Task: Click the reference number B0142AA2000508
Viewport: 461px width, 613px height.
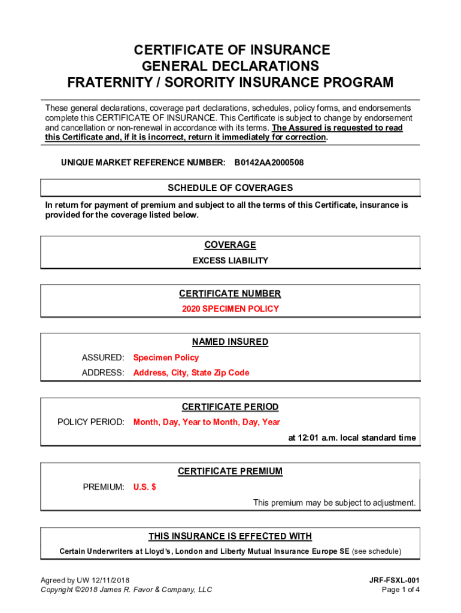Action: [269, 163]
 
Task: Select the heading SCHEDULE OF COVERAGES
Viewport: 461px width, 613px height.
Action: [230, 188]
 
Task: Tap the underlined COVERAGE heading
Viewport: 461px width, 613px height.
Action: [230, 245]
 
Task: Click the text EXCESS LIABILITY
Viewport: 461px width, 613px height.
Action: [230, 261]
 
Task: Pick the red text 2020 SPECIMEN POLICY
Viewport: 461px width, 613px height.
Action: [230, 309]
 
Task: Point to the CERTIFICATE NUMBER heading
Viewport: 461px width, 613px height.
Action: [230, 294]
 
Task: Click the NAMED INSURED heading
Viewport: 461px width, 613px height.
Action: [230, 342]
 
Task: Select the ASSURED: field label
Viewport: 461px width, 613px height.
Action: [103, 358]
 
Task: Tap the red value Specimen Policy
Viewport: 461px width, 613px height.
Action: [166, 358]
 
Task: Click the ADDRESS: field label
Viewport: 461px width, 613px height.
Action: [103, 373]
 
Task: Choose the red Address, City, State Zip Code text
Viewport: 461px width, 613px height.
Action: [191, 373]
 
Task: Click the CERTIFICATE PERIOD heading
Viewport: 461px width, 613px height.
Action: [230, 407]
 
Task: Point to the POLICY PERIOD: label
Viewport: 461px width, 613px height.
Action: [91, 422]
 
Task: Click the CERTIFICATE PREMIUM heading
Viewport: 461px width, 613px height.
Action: [230, 472]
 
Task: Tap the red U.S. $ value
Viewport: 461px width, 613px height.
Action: [144, 487]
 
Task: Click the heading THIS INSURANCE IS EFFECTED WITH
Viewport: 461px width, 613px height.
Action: [230, 536]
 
